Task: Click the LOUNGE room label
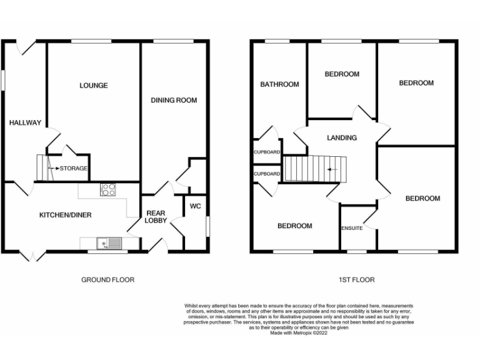(x=93, y=86)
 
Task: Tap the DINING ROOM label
(x=174, y=100)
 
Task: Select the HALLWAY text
(x=25, y=122)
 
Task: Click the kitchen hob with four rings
(x=107, y=189)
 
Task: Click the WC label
(x=195, y=206)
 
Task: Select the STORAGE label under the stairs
(x=73, y=168)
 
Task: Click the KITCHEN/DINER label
(x=66, y=215)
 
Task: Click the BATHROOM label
(x=279, y=84)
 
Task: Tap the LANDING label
(x=342, y=137)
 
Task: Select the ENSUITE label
(x=352, y=228)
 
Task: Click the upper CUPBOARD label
(x=267, y=152)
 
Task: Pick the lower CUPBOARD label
(x=267, y=174)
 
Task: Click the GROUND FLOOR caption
(x=107, y=279)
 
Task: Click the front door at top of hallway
(x=25, y=45)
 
